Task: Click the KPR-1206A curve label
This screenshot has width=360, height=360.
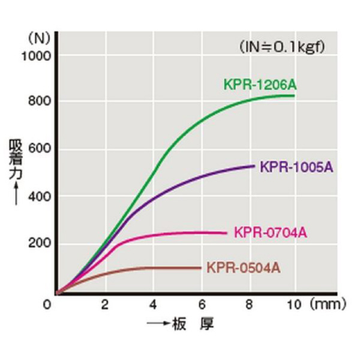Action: (260, 85)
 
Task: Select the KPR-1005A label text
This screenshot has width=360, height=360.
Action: (296, 167)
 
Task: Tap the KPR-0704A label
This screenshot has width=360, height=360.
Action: (270, 232)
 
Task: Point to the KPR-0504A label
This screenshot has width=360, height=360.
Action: (243, 267)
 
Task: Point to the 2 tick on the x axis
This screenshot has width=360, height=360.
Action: (105, 304)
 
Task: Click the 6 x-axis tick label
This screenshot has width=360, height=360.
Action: (201, 304)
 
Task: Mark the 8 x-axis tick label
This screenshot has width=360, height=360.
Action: (248, 304)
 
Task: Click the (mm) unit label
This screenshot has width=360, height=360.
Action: (326, 304)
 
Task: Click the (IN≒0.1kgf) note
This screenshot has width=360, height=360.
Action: (285, 46)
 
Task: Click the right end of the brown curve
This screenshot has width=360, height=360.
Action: (200, 268)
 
